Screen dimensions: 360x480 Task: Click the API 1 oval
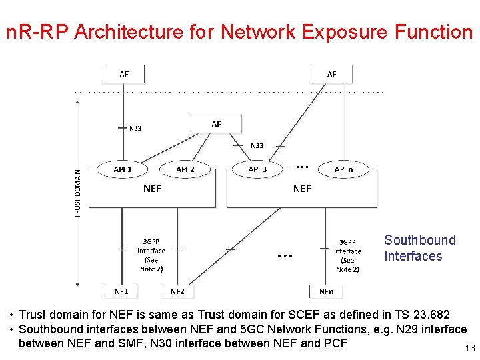tap(123, 169)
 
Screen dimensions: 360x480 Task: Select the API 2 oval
tap(185, 169)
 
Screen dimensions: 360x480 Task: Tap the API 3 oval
tap(257, 169)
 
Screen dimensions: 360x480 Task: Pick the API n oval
tap(343, 169)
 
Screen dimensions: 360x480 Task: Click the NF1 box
tap(121, 291)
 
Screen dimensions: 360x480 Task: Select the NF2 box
tap(177, 291)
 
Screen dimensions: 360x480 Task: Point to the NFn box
tap(325, 291)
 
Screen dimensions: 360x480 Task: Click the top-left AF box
tap(124, 75)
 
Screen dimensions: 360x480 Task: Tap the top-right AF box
tap(331, 75)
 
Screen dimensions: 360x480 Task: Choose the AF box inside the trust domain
tap(216, 124)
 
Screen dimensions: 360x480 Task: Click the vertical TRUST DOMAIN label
tap(77, 193)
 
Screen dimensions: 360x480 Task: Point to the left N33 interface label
tap(135, 128)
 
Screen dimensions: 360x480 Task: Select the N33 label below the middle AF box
tap(257, 145)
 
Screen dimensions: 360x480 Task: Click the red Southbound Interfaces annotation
tap(419, 248)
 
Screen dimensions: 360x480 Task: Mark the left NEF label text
tap(152, 189)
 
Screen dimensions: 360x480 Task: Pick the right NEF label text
tap(302, 189)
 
